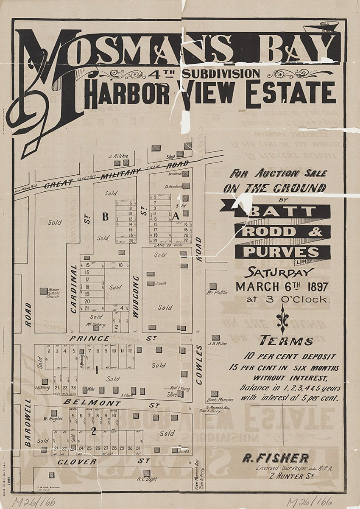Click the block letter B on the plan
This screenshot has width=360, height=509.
point(105,217)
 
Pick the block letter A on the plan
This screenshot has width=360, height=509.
point(177,215)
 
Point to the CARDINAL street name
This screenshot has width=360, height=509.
point(74,289)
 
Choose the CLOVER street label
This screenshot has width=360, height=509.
point(77,461)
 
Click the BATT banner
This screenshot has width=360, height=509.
point(282,211)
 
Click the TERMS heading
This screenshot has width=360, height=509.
point(286,341)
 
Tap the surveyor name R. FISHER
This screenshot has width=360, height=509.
point(275,458)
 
